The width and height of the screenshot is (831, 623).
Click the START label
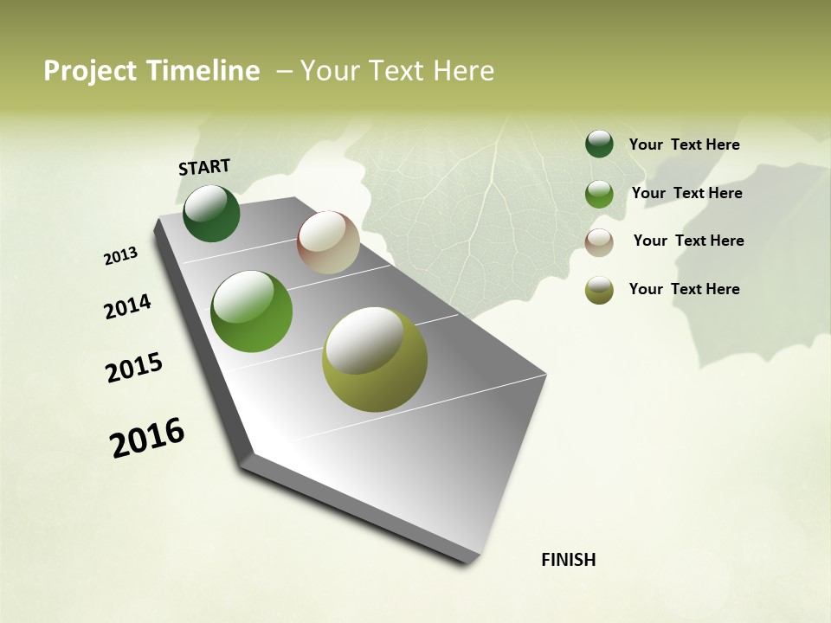pos(204,167)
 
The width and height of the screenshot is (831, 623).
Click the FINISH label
pos(568,560)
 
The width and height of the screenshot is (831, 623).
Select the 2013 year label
pos(121,256)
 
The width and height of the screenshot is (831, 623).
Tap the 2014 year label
pos(127,306)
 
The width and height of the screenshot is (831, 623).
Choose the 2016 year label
pos(147,437)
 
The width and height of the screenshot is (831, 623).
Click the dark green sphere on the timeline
pos(211,214)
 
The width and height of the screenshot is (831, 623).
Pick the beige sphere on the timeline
pos(328,242)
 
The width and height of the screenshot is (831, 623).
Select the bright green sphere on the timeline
pos(251,311)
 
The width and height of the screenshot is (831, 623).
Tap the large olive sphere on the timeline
pos(375,359)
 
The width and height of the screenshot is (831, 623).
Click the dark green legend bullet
pos(599,145)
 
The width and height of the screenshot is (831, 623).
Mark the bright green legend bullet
pos(599,194)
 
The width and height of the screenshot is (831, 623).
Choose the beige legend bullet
pos(599,242)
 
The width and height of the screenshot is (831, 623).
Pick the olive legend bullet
pos(599,290)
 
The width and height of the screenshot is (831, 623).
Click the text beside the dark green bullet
pos(684,145)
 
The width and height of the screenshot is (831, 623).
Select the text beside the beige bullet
pos(688,241)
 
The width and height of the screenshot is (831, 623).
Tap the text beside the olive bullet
pos(684,289)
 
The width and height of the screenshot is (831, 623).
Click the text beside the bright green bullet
pos(686,193)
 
